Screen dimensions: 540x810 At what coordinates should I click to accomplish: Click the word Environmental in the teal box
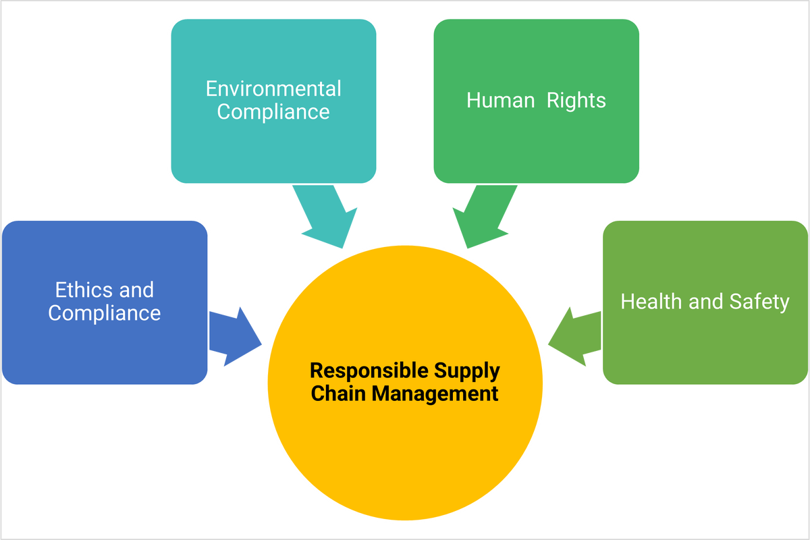pyautogui.click(x=273, y=88)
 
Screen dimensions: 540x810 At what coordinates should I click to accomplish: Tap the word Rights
pyautogui.click(x=576, y=101)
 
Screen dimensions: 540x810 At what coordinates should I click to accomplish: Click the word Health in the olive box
pyautogui.click(x=651, y=301)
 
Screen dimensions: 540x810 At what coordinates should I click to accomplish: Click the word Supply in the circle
pyautogui.click(x=466, y=371)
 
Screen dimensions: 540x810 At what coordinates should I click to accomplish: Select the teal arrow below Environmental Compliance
pyautogui.click(x=323, y=217)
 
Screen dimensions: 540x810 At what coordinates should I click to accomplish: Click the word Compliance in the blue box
pyautogui.click(x=105, y=313)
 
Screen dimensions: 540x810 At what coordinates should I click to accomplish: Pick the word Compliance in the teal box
pyautogui.click(x=273, y=111)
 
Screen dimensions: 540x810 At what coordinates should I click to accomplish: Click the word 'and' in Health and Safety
pyautogui.click(x=706, y=301)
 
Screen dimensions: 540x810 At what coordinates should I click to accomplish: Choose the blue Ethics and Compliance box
pyautogui.click(x=105, y=250)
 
